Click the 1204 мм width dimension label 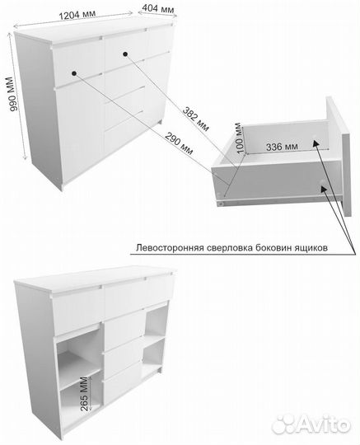[x=77, y=14]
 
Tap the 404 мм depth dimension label [x=158, y=9]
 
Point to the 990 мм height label [x=14, y=94]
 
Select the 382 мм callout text [x=196, y=119]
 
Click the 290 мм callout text [x=179, y=143]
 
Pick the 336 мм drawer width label [x=282, y=147]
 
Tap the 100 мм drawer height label [x=240, y=138]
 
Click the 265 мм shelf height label [x=85, y=394]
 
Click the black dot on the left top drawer [x=74, y=73]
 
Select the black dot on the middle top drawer [x=125, y=54]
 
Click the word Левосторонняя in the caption [x=170, y=248]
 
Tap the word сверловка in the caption [x=230, y=248]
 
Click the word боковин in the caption [x=274, y=248]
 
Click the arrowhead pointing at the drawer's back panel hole [x=316, y=143]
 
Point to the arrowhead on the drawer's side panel [x=324, y=189]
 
